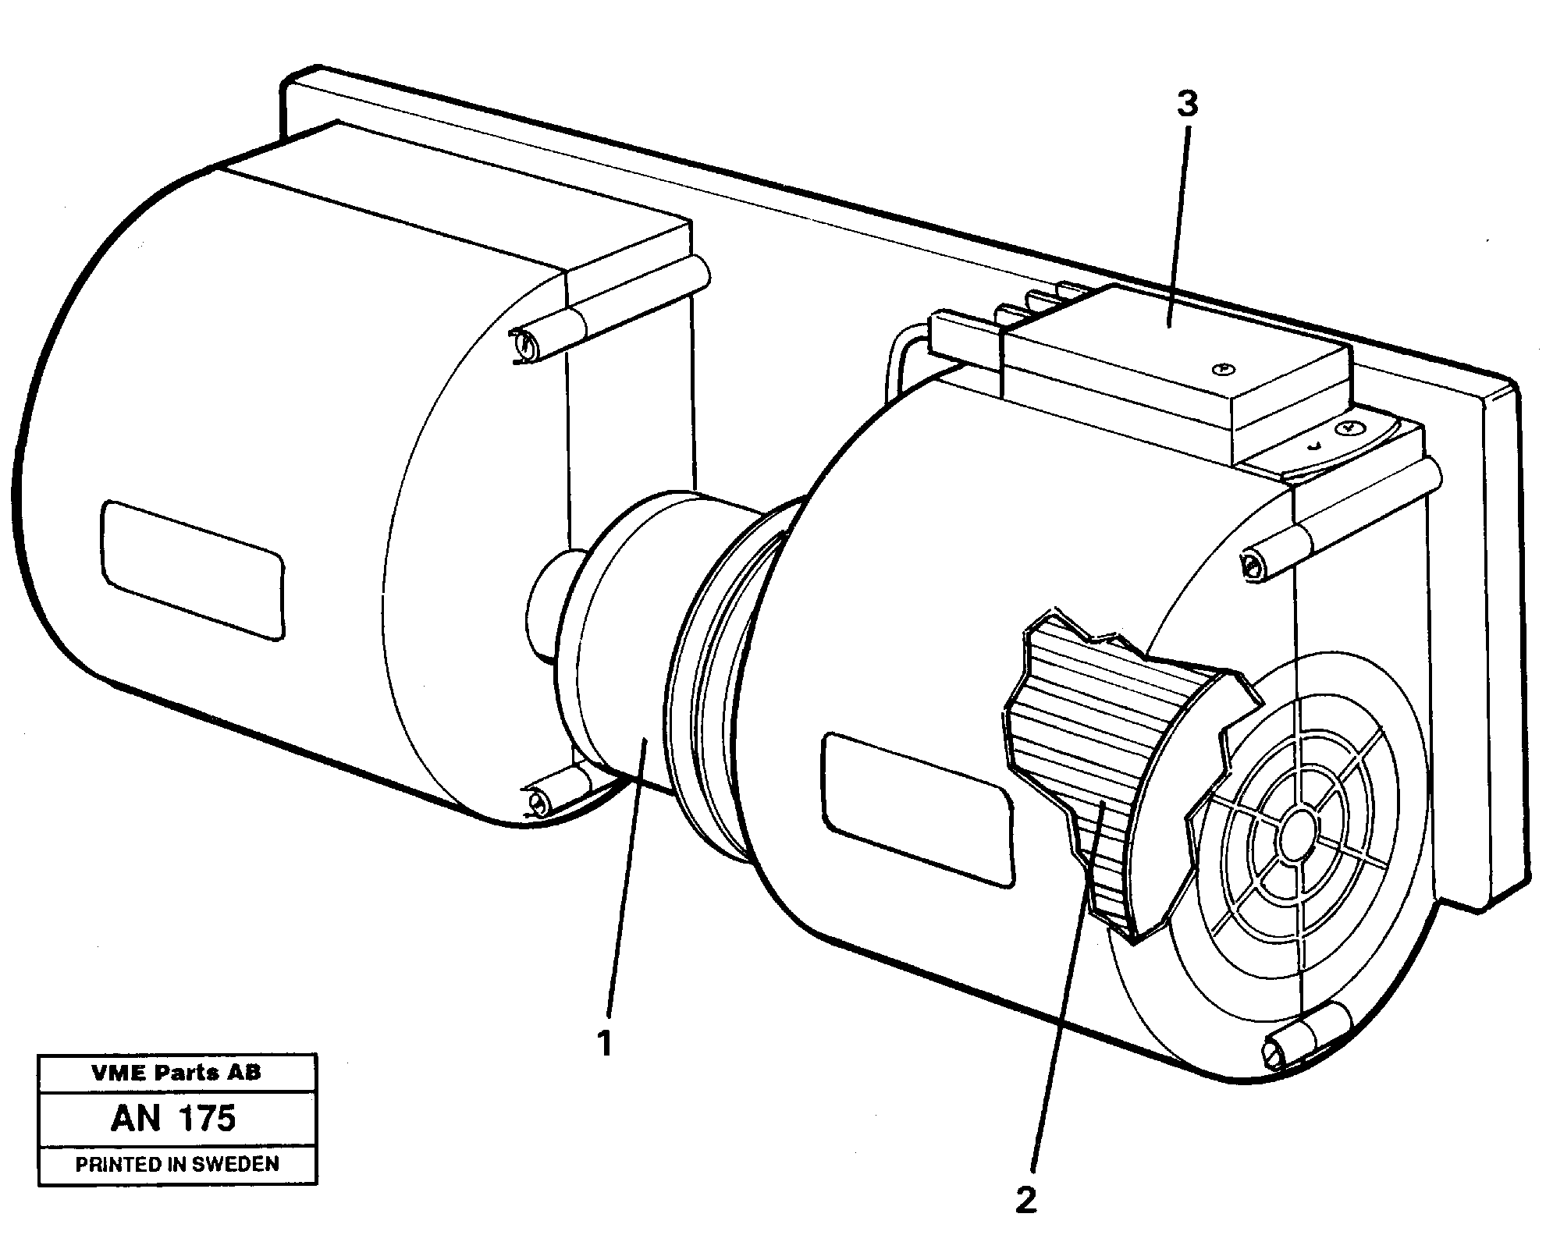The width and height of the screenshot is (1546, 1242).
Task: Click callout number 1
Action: [x=605, y=1043]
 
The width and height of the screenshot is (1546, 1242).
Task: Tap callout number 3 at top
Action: [x=1186, y=104]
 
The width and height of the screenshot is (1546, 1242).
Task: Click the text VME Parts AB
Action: [x=176, y=1073]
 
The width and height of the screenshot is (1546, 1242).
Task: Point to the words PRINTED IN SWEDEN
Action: [x=177, y=1165]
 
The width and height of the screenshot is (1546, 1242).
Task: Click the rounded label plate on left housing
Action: [x=192, y=570]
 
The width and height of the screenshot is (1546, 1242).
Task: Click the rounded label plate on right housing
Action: [x=918, y=810]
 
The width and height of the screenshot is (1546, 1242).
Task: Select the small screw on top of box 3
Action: [x=1223, y=368]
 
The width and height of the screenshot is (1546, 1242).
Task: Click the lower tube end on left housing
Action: [x=537, y=801]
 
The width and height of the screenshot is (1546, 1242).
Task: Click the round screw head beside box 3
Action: [x=1348, y=428]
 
